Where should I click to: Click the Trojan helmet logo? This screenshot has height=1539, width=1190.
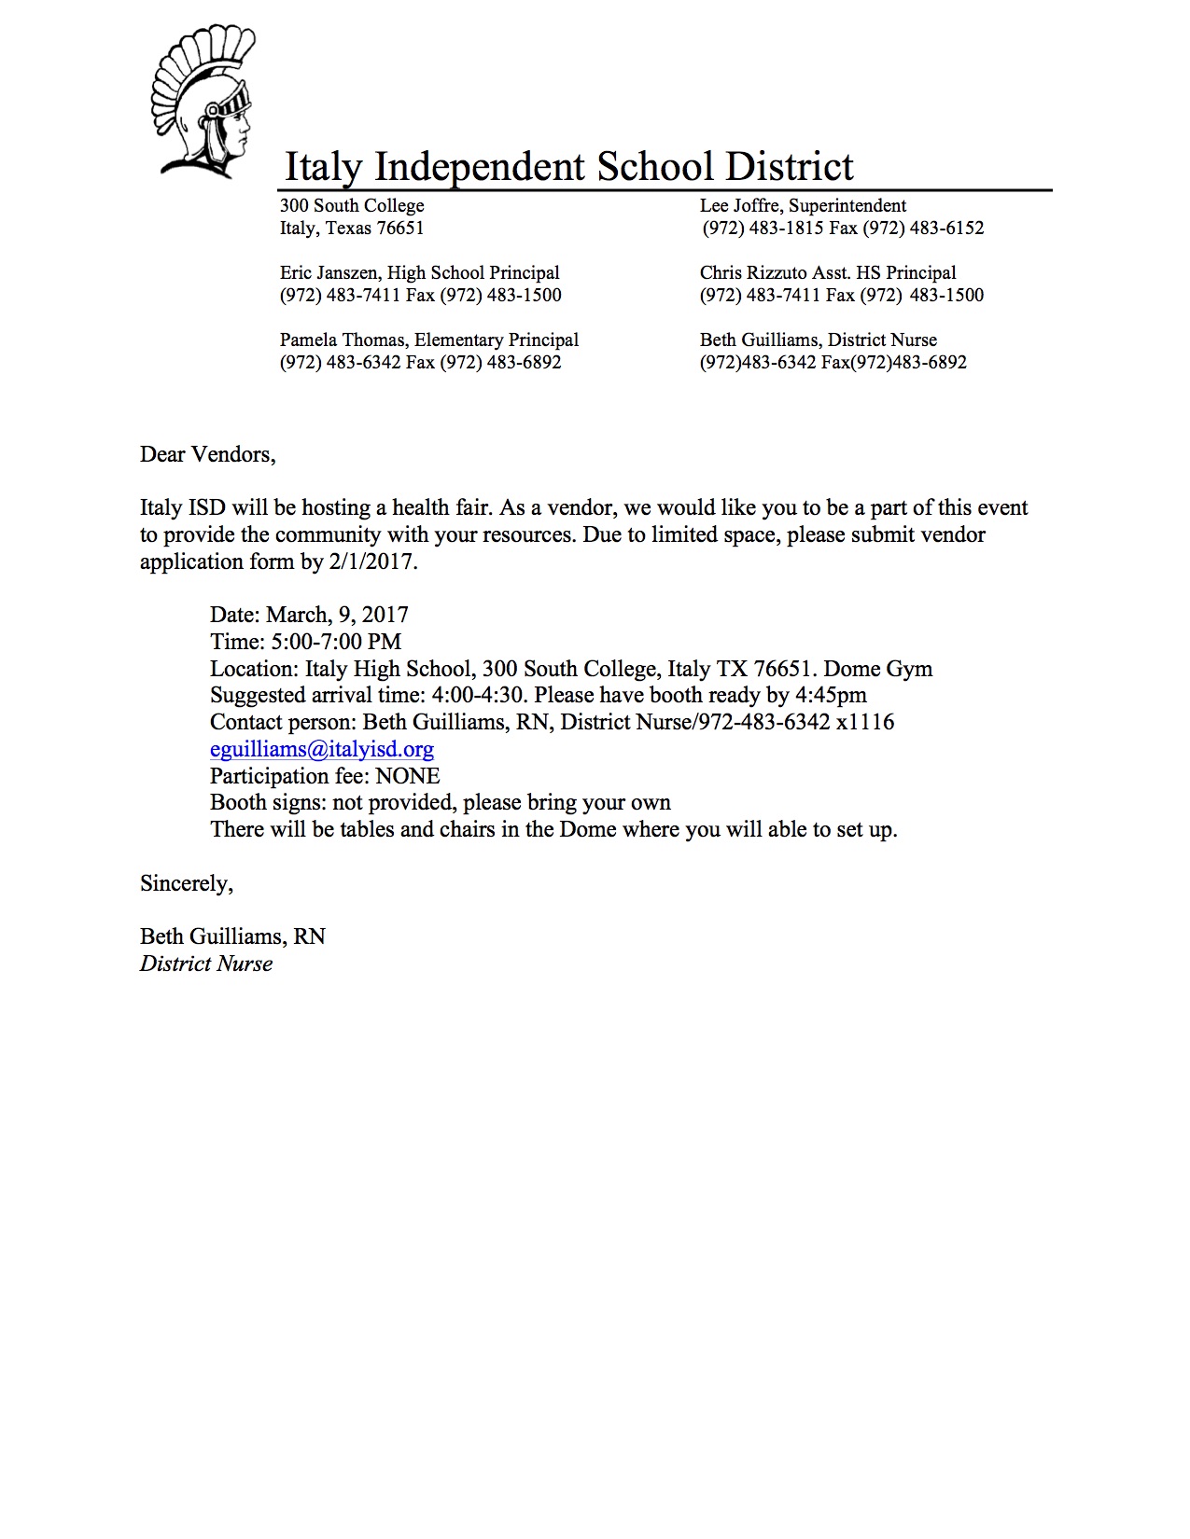tap(203, 103)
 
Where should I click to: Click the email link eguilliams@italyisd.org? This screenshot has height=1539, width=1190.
tap(322, 749)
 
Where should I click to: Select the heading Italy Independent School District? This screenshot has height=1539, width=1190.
tap(568, 168)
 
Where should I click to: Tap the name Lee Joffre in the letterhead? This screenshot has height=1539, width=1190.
tap(739, 206)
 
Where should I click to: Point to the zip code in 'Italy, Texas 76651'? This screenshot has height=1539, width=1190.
tap(400, 229)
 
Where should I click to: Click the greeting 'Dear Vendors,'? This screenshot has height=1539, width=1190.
tap(208, 455)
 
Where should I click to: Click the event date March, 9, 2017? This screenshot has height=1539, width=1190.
tap(337, 616)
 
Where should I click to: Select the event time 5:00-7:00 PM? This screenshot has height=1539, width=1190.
tap(336, 643)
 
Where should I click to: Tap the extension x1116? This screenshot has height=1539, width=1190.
tap(865, 723)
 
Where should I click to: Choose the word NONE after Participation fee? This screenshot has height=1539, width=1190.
tap(408, 777)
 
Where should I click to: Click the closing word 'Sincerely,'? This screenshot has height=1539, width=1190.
tap(187, 884)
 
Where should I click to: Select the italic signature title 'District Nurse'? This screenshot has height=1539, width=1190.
tap(206, 964)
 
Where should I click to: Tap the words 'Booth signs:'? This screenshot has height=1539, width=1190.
tap(268, 803)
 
